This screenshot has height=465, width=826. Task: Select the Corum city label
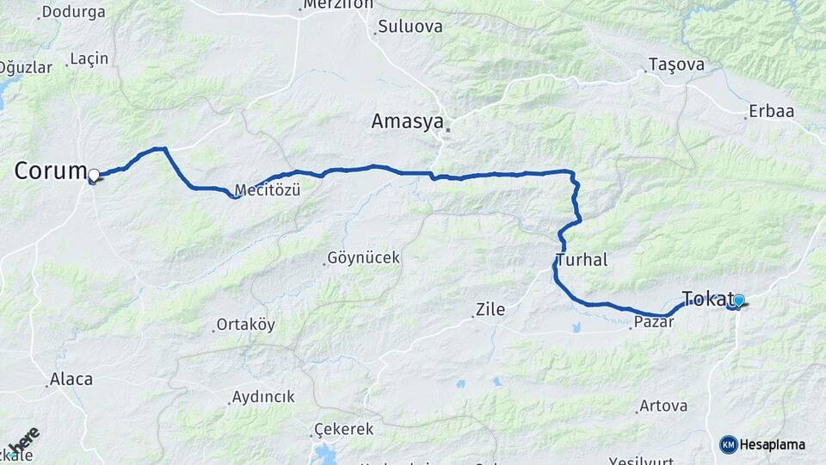(x=50, y=170)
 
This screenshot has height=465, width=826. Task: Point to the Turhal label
(x=582, y=259)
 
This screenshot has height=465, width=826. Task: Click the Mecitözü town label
(x=268, y=190)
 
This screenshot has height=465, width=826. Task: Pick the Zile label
(x=490, y=309)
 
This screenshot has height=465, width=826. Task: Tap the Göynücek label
(x=363, y=257)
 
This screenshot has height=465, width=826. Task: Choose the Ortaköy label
(x=245, y=325)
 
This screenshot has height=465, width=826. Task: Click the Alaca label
(x=71, y=378)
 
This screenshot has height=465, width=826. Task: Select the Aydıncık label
(x=262, y=397)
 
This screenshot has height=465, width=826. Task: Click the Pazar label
(x=652, y=322)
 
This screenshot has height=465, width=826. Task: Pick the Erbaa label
(x=771, y=111)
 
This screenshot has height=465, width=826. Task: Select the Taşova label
(x=676, y=65)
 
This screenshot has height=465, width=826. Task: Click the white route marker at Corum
(x=94, y=175)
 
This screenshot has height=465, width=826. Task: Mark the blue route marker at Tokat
(x=738, y=300)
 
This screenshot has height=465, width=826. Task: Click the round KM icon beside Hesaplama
(x=728, y=444)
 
